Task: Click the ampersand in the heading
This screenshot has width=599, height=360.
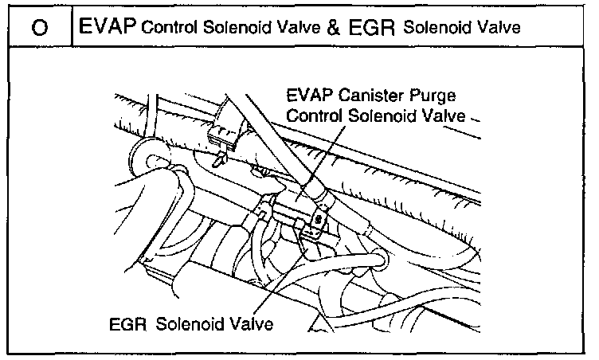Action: click(x=312, y=28)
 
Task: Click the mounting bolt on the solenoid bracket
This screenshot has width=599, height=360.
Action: click(x=318, y=218)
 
